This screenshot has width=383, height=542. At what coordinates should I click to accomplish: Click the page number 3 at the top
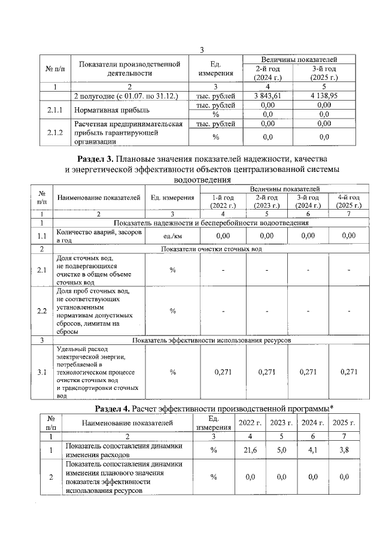[202, 50]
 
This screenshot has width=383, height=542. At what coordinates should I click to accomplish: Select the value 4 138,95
[324, 95]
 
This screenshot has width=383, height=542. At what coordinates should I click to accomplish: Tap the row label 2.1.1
[54, 110]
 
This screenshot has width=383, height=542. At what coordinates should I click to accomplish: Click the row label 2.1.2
[54, 132]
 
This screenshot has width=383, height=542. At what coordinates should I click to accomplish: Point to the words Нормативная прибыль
[108, 110]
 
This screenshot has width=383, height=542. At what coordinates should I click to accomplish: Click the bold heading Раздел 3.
[96, 159]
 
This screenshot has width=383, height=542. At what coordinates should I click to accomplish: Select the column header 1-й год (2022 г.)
[222, 201]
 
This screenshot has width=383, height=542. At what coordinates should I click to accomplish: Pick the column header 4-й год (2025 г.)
[348, 201]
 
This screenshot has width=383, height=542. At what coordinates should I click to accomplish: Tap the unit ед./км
[172, 235]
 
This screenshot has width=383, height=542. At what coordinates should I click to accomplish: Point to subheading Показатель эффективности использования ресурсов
[211, 340]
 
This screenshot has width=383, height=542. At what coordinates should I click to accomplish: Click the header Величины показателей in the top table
[298, 60]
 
